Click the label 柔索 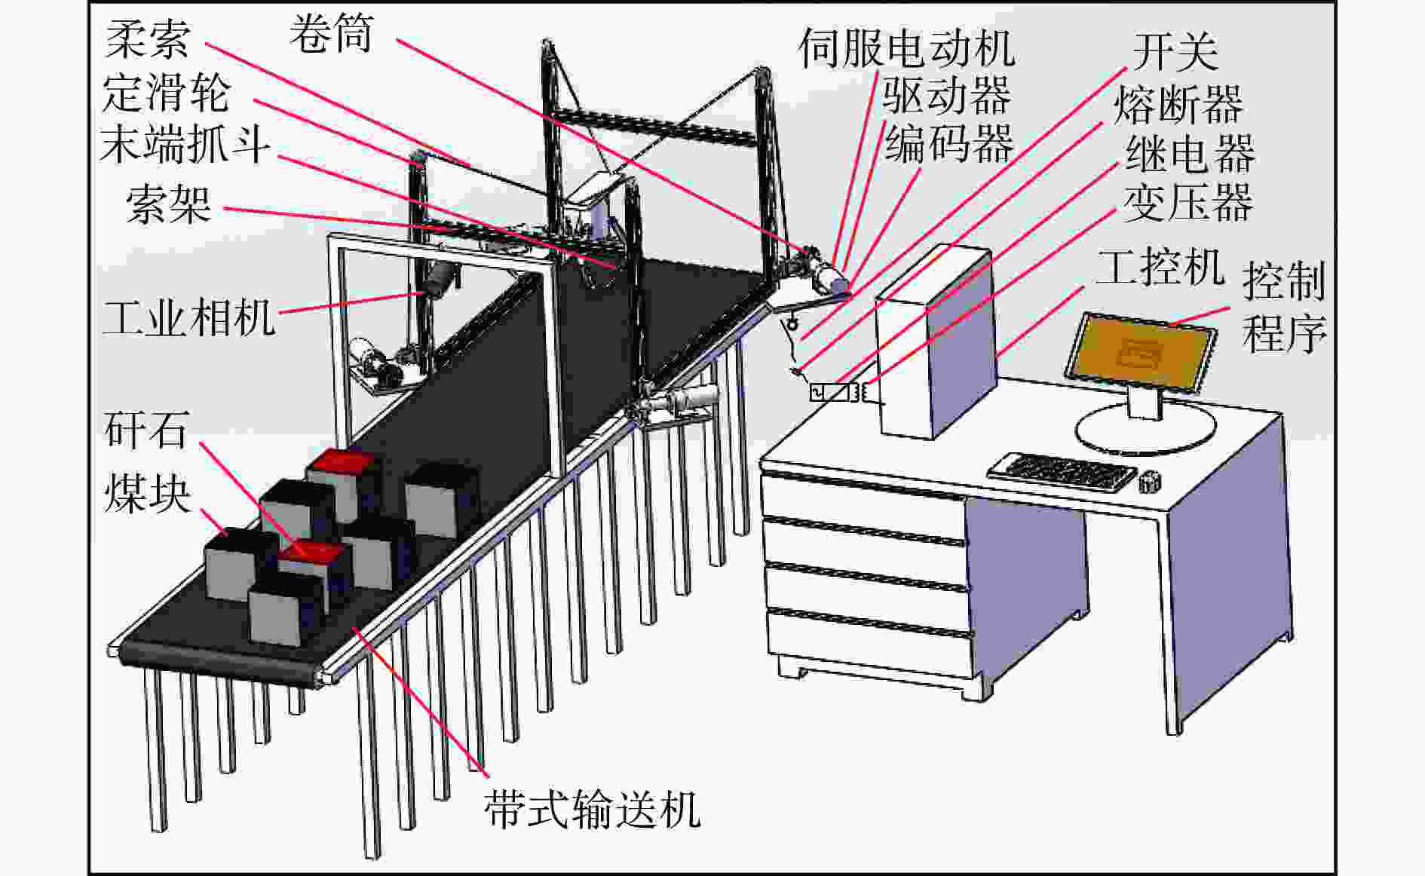click(x=148, y=39)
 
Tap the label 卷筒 click(x=332, y=33)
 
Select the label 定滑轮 click(x=167, y=92)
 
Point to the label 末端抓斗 click(x=185, y=143)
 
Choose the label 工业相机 click(x=189, y=317)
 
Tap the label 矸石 click(x=146, y=429)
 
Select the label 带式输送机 click(x=592, y=809)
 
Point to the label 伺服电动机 click(x=907, y=47)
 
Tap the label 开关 click(x=1175, y=51)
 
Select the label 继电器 click(x=1191, y=153)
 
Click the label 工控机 click(x=1160, y=266)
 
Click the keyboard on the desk click(x=1062, y=473)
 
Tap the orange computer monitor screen click(x=1140, y=352)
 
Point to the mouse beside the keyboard click(x=1149, y=481)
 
